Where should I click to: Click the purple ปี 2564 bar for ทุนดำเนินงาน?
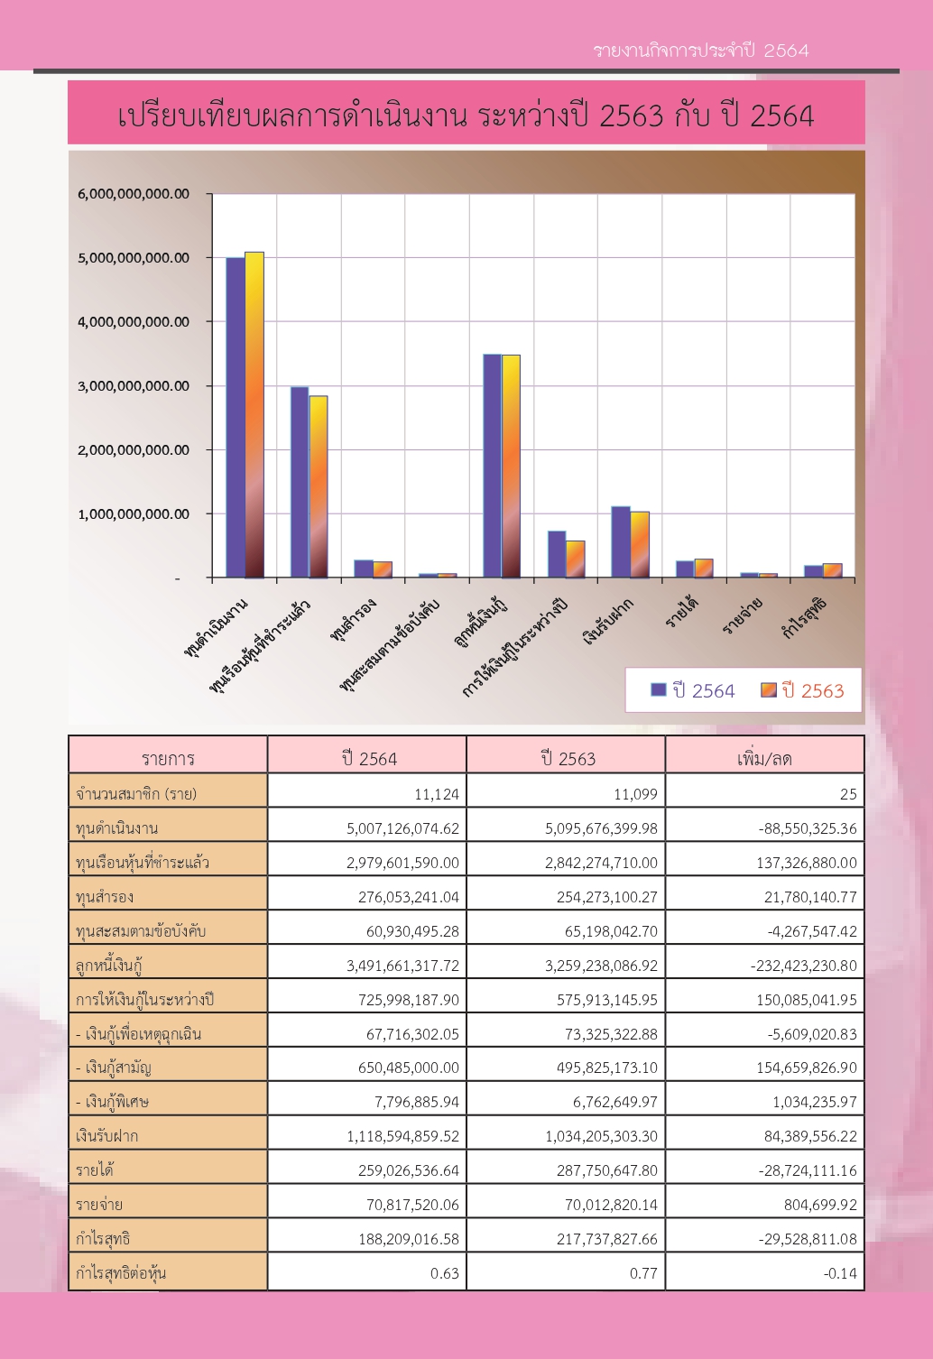[236, 418]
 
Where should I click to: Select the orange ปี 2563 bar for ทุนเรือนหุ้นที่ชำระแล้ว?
[319, 486]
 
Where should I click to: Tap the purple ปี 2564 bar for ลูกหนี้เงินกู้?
[492, 466]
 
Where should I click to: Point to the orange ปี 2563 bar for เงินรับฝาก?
[640, 545]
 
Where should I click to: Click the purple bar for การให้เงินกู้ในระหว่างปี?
[557, 555]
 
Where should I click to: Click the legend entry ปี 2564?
[693, 690]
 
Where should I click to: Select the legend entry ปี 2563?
[802, 690]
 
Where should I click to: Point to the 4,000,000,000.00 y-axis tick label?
[134, 321]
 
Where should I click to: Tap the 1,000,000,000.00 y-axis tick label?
[134, 513]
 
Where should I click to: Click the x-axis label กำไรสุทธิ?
[804, 617]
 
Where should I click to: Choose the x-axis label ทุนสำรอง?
[353, 619]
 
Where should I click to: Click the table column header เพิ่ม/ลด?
[764, 758]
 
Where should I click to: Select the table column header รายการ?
[168, 758]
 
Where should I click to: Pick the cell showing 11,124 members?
[437, 794]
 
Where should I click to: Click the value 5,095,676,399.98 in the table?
[601, 828]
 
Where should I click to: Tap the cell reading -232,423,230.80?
[804, 966]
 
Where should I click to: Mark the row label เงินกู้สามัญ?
[114, 1068]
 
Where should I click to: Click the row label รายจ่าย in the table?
[99, 1205]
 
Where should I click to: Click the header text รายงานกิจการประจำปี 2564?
[701, 51]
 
